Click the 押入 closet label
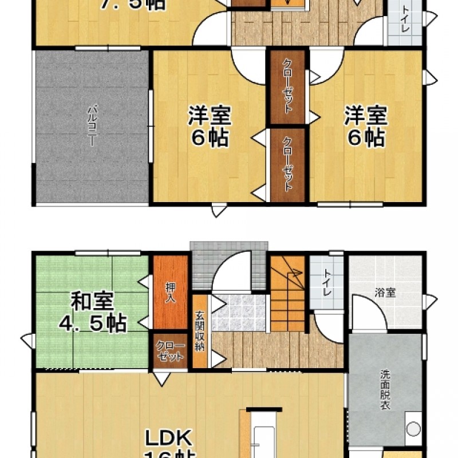171,291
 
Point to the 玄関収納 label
200,331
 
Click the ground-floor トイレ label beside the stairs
327,283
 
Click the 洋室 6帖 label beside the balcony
210,126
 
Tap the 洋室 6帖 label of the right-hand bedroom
365,126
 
